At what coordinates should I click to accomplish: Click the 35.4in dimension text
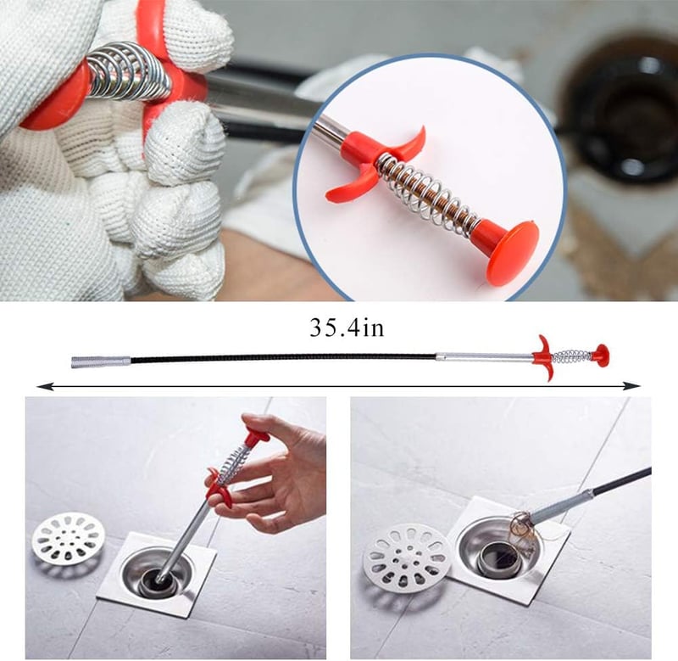tap(347, 328)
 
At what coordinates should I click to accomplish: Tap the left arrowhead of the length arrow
tap(43, 385)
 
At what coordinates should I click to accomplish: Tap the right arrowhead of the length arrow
tap(633, 385)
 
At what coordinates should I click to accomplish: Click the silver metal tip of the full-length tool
tap(100, 361)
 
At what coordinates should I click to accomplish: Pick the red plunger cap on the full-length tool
tap(601, 355)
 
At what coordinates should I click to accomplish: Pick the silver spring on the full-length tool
tap(571, 356)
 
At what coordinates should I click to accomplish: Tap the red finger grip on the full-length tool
tap(543, 358)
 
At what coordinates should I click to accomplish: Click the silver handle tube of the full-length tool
tap(484, 357)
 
